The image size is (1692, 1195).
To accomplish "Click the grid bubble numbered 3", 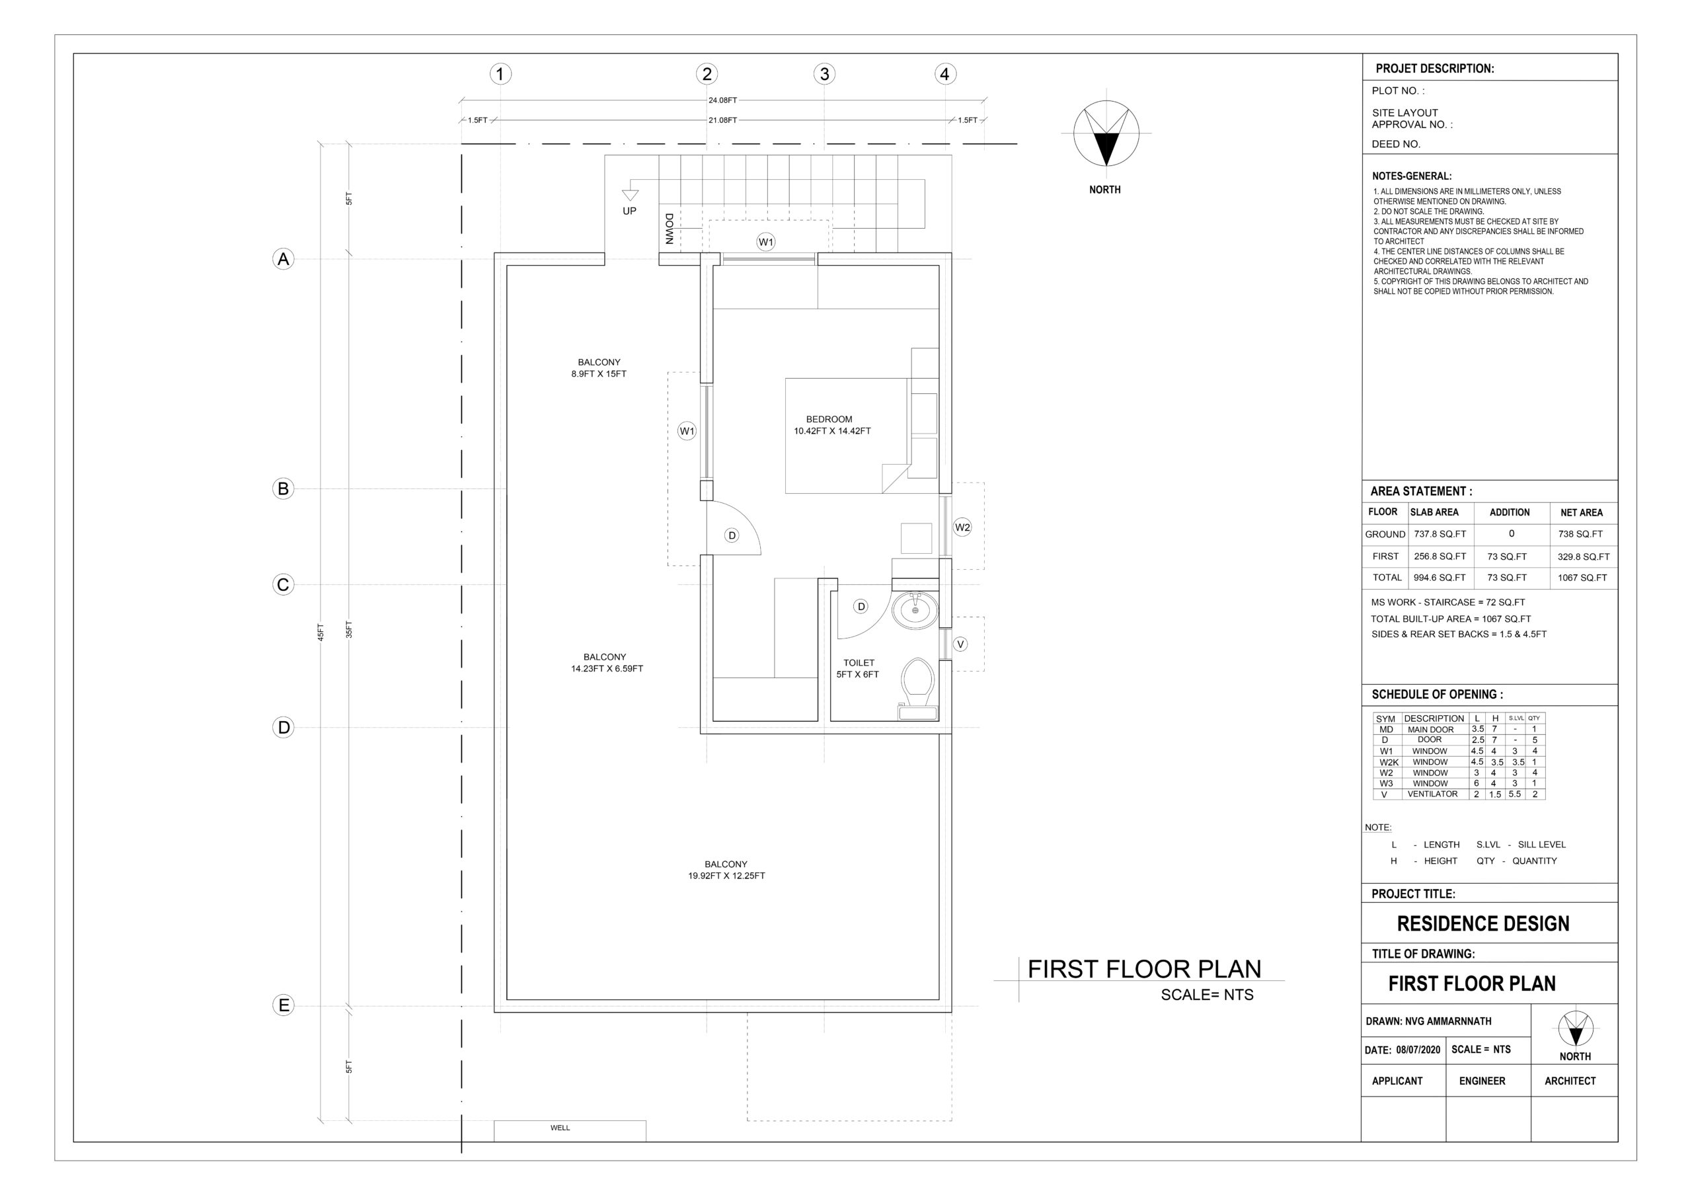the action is tap(825, 73).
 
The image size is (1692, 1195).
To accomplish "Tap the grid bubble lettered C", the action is tap(283, 585).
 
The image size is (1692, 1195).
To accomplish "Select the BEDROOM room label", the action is tap(829, 419).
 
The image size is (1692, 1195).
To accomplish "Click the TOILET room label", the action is tap(859, 663).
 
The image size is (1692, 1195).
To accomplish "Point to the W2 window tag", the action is tap(962, 527).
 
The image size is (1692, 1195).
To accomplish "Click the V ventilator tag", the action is tap(960, 644).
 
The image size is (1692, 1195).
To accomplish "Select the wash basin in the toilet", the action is tap(915, 610).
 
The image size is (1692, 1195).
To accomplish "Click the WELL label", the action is tap(560, 1128).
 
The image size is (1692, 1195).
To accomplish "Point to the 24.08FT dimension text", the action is tap(723, 100).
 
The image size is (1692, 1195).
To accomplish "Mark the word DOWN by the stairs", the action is tap(669, 229).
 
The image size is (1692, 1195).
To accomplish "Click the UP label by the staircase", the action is tap(629, 211).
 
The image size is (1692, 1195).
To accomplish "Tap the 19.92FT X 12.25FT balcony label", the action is tap(726, 876).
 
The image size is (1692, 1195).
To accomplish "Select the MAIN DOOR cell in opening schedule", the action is tap(1430, 730).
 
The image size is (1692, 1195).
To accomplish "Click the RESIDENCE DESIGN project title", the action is tap(1483, 924).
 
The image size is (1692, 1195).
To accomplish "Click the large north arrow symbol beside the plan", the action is tap(1106, 134).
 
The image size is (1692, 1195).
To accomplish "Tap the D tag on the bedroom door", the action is tap(732, 535).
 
